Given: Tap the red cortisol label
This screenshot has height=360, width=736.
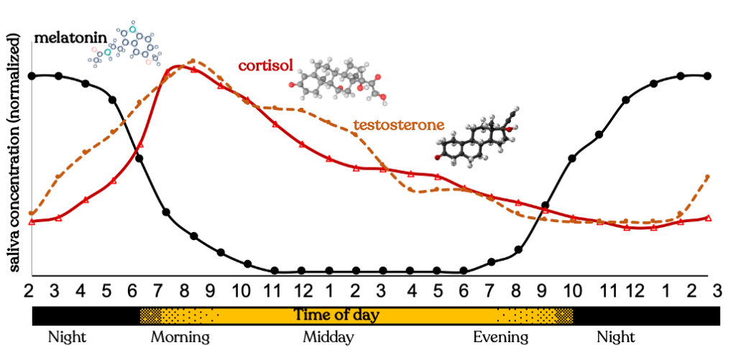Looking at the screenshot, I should (x=265, y=67).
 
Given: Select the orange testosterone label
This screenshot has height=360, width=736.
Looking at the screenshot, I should (x=397, y=124).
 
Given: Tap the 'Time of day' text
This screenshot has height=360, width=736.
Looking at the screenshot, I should (x=336, y=315).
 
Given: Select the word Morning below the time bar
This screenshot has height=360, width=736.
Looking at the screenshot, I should (x=180, y=337).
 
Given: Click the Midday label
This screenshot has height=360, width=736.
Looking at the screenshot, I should (x=328, y=337).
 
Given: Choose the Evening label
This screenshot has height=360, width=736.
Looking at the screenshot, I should (x=500, y=337).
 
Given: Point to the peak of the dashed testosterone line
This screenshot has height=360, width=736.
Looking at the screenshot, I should (x=193, y=61).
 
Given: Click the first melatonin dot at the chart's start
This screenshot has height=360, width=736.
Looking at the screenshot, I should (x=32, y=75).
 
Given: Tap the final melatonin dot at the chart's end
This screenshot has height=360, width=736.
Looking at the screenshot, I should (x=708, y=75).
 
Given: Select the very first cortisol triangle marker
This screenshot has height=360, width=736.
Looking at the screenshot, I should (x=32, y=221).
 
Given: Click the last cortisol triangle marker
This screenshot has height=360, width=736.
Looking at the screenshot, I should (x=709, y=218).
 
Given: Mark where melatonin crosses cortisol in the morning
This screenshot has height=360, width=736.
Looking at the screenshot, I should (x=137, y=150).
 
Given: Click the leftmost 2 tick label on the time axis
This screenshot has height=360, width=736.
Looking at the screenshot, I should (x=29, y=290).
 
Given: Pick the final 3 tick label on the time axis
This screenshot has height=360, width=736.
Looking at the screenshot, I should (x=716, y=290).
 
